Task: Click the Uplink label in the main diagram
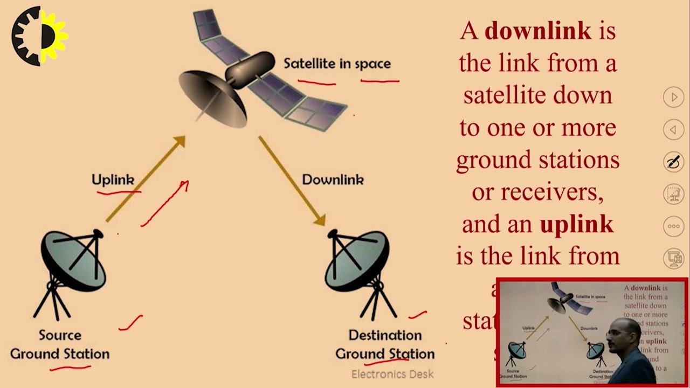pos(113,179)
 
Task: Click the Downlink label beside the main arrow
pos(333,179)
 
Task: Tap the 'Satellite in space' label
pos(337,64)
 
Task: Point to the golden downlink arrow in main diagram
pos(292,180)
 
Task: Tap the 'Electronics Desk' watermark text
pos(392,374)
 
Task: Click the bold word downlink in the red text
pos(537,31)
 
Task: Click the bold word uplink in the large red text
pos(576,224)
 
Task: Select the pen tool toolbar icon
pos(673,162)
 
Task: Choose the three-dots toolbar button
pos(673,226)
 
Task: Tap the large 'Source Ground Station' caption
pos(60,344)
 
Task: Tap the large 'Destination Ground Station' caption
pos(385,344)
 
